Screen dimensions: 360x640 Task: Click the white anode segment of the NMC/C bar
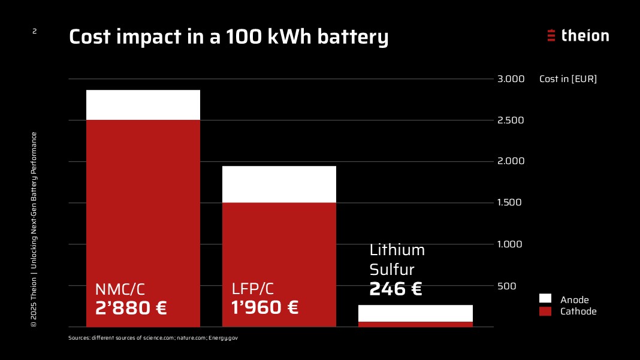pyautogui.click(x=143, y=105)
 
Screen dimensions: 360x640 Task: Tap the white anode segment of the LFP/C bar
pyautogui.click(x=279, y=184)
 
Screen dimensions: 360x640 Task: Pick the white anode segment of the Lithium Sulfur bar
pyautogui.click(x=415, y=313)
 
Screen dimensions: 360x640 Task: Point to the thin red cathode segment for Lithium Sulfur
pyautogui.click(x=415, y=324)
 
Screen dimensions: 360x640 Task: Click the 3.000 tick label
pyautogui.click(x=510, y=79)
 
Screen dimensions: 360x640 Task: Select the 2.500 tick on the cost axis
pyautogui.click(x=510, y=120)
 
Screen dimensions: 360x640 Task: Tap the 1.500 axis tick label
pyautogui.click(x=510, y=203)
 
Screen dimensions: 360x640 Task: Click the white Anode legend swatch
pyautogui.click(x=545, y=299)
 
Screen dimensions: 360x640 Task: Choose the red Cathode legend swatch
pyautogui.click(x=545, y=311)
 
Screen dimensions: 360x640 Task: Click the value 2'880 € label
pyautogui.click(x=131, y=308)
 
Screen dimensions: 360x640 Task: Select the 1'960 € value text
pyautogui.click(x=264, y=308)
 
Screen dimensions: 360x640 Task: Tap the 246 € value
pyautogui.click(x=396, y=289)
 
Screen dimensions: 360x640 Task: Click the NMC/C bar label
pyautogui.click(x=120, y=289)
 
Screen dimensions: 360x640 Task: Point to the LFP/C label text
pyautogui.click(x=253, y=289)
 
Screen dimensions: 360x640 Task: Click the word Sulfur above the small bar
pyautogui.click(x=392, y=270)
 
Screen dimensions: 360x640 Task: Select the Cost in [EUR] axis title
pyautogui.click(x=568, y=79)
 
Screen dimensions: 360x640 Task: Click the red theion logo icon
pyautogui.click(x=551, y=35)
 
